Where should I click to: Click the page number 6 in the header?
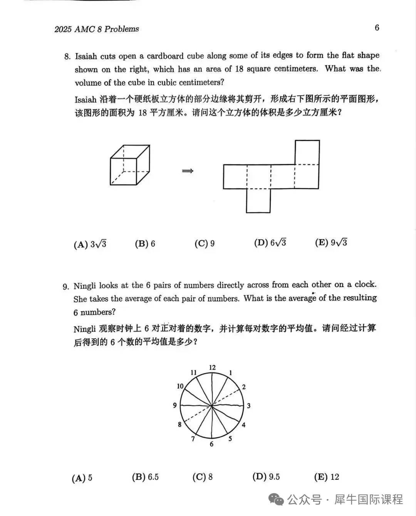point(377,28)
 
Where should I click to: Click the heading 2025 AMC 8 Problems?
point(97,29)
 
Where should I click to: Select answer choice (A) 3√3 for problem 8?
point(90,244)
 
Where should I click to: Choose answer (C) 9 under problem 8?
point(205,244)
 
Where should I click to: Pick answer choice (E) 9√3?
point(331,242)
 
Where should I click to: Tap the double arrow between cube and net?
point(187,171)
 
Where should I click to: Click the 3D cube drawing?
point(130,165)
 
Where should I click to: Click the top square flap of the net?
point(307,152)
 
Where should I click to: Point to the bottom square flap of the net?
point(258,200)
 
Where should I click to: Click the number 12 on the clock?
point(212,367)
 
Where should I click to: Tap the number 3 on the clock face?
point(248,406)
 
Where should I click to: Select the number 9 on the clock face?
point(175,405)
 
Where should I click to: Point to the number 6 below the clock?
point(211,444)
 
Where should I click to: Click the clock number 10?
point(180,386)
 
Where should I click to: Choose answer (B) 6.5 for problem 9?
point(145,477)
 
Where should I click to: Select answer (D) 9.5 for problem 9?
point(266,477)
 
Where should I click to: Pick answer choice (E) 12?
point(327,477)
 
